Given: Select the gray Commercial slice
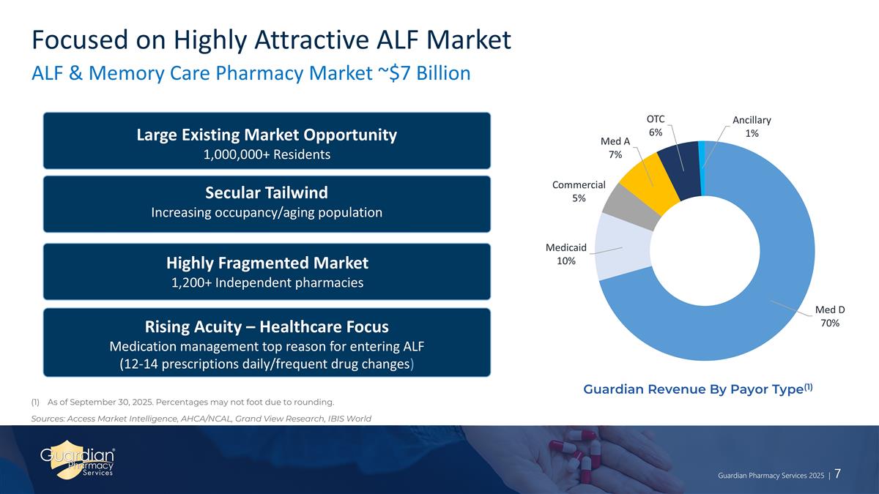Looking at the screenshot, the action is click(x=631, y=208).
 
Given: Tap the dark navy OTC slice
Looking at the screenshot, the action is click(x=680, y=171).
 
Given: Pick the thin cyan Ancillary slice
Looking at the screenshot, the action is click(x=702, y=168).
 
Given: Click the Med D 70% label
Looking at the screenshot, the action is click(x=830, y=316).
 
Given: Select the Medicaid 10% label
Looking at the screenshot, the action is click(x=565, y=254).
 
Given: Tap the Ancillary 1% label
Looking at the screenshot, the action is click(x=752, y=127).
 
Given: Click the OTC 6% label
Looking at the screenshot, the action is click(x=656, y=126).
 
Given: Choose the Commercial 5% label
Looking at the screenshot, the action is click(x=579, y=191).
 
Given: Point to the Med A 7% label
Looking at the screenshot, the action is click(x=615, y=148).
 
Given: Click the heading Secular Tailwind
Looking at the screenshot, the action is click(x=267, y=193).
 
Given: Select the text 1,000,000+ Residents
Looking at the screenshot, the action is click(x=267, y=154).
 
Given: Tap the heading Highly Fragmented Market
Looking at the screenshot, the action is click(x=267, y=263).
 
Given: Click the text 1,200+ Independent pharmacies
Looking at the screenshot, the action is click(x=267, y=282).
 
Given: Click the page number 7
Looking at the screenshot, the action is click(x=837, y=474).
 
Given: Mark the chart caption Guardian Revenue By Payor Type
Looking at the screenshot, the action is click(x=693, y=389).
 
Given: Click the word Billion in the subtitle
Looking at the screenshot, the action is click(x=443, y=73).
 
